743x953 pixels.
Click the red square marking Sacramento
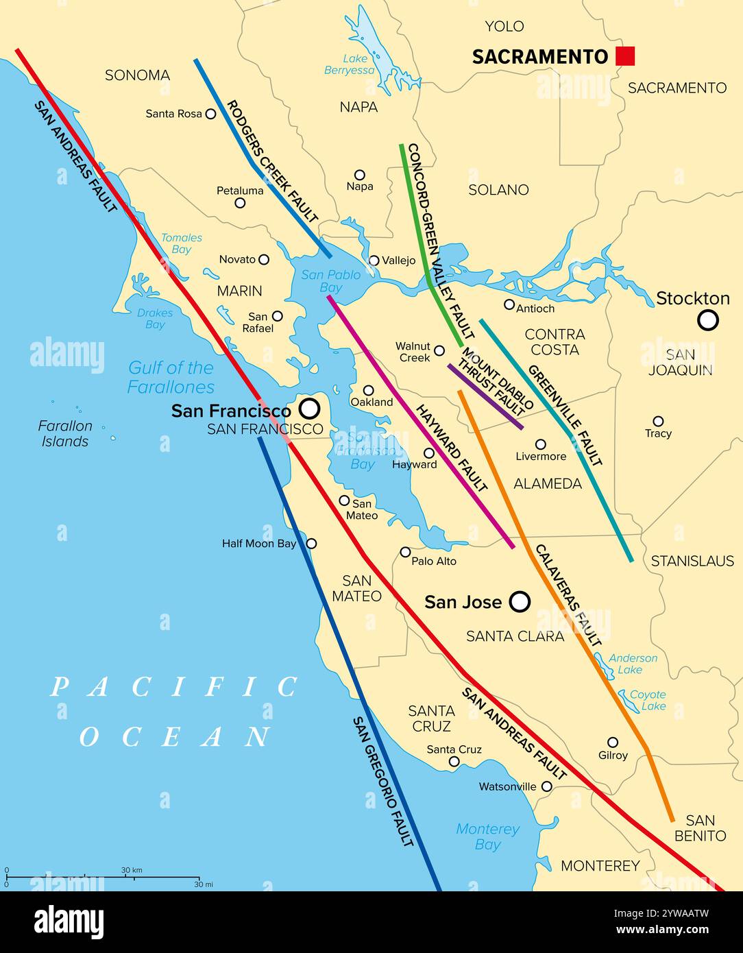(x=624, y=56)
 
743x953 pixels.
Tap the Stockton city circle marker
(x=707, y=320)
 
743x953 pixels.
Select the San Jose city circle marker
(x=520, y=602)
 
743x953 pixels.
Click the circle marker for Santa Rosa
(x=210, y=114)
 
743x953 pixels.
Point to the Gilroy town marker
(x=613, y=743)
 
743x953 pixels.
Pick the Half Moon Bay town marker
(x=311, y=544)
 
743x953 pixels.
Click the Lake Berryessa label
(x=350, y=64)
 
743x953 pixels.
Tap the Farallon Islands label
(x=65, y=433)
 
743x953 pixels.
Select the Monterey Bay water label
(x=487, y=836)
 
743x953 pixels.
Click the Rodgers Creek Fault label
(x=273, y=162)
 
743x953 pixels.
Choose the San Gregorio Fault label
(x=383, y=782)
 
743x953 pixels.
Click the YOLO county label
(x=504, y=27)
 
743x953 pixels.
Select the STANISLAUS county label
(x=692, y=561)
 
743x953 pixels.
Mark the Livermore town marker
(x=540, y=444)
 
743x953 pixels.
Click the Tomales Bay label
(x=182, y=243)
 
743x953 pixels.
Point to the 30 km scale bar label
(x=132, y=870)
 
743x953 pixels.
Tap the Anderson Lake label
(x=632, y=664)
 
